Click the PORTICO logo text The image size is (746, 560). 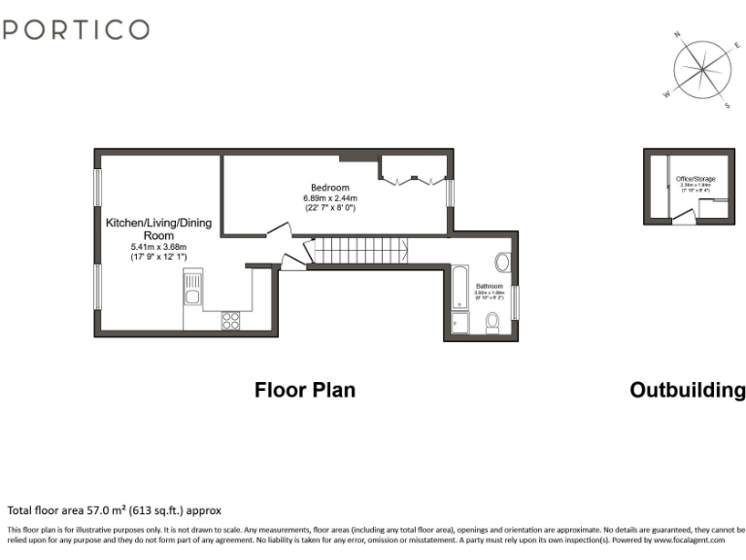76,29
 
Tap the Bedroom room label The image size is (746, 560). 329,188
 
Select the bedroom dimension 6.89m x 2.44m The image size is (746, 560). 329,198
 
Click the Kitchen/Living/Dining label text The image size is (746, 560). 158,229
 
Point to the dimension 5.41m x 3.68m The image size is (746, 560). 158,248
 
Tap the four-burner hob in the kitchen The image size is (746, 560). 232,320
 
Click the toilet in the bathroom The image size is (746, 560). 492,323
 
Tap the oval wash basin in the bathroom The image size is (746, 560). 503,262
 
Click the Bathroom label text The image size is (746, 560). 489,287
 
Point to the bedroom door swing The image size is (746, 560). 277,229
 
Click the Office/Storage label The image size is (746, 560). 695,180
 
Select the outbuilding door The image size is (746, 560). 684,217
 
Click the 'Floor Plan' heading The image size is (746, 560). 305,390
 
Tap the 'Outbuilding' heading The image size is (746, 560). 688,390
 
